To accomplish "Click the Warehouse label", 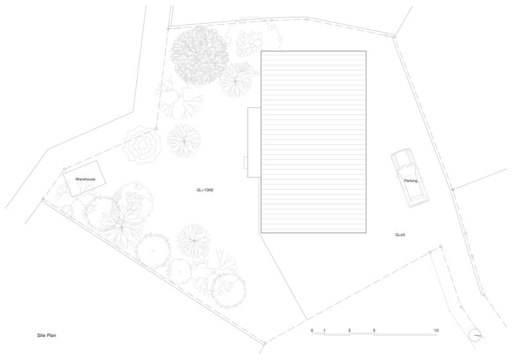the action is (85, 179).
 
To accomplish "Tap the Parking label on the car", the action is (411, 181).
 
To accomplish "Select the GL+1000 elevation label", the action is (205, 190).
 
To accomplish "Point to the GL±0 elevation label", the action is (400, 235).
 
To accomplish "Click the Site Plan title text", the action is (47, 335).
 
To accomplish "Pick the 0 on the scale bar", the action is (312, 331).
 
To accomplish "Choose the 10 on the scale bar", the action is (436, 331).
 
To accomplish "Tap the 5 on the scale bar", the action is (374, 331).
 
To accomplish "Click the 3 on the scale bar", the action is (349, 331).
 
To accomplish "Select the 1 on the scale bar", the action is (324, 331).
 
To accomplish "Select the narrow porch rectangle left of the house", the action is (248, 143).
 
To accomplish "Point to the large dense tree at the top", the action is (199, 56).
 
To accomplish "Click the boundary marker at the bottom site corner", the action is (265, 343).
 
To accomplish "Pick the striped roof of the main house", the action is (314, 142).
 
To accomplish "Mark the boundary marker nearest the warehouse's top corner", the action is (65, 169).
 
